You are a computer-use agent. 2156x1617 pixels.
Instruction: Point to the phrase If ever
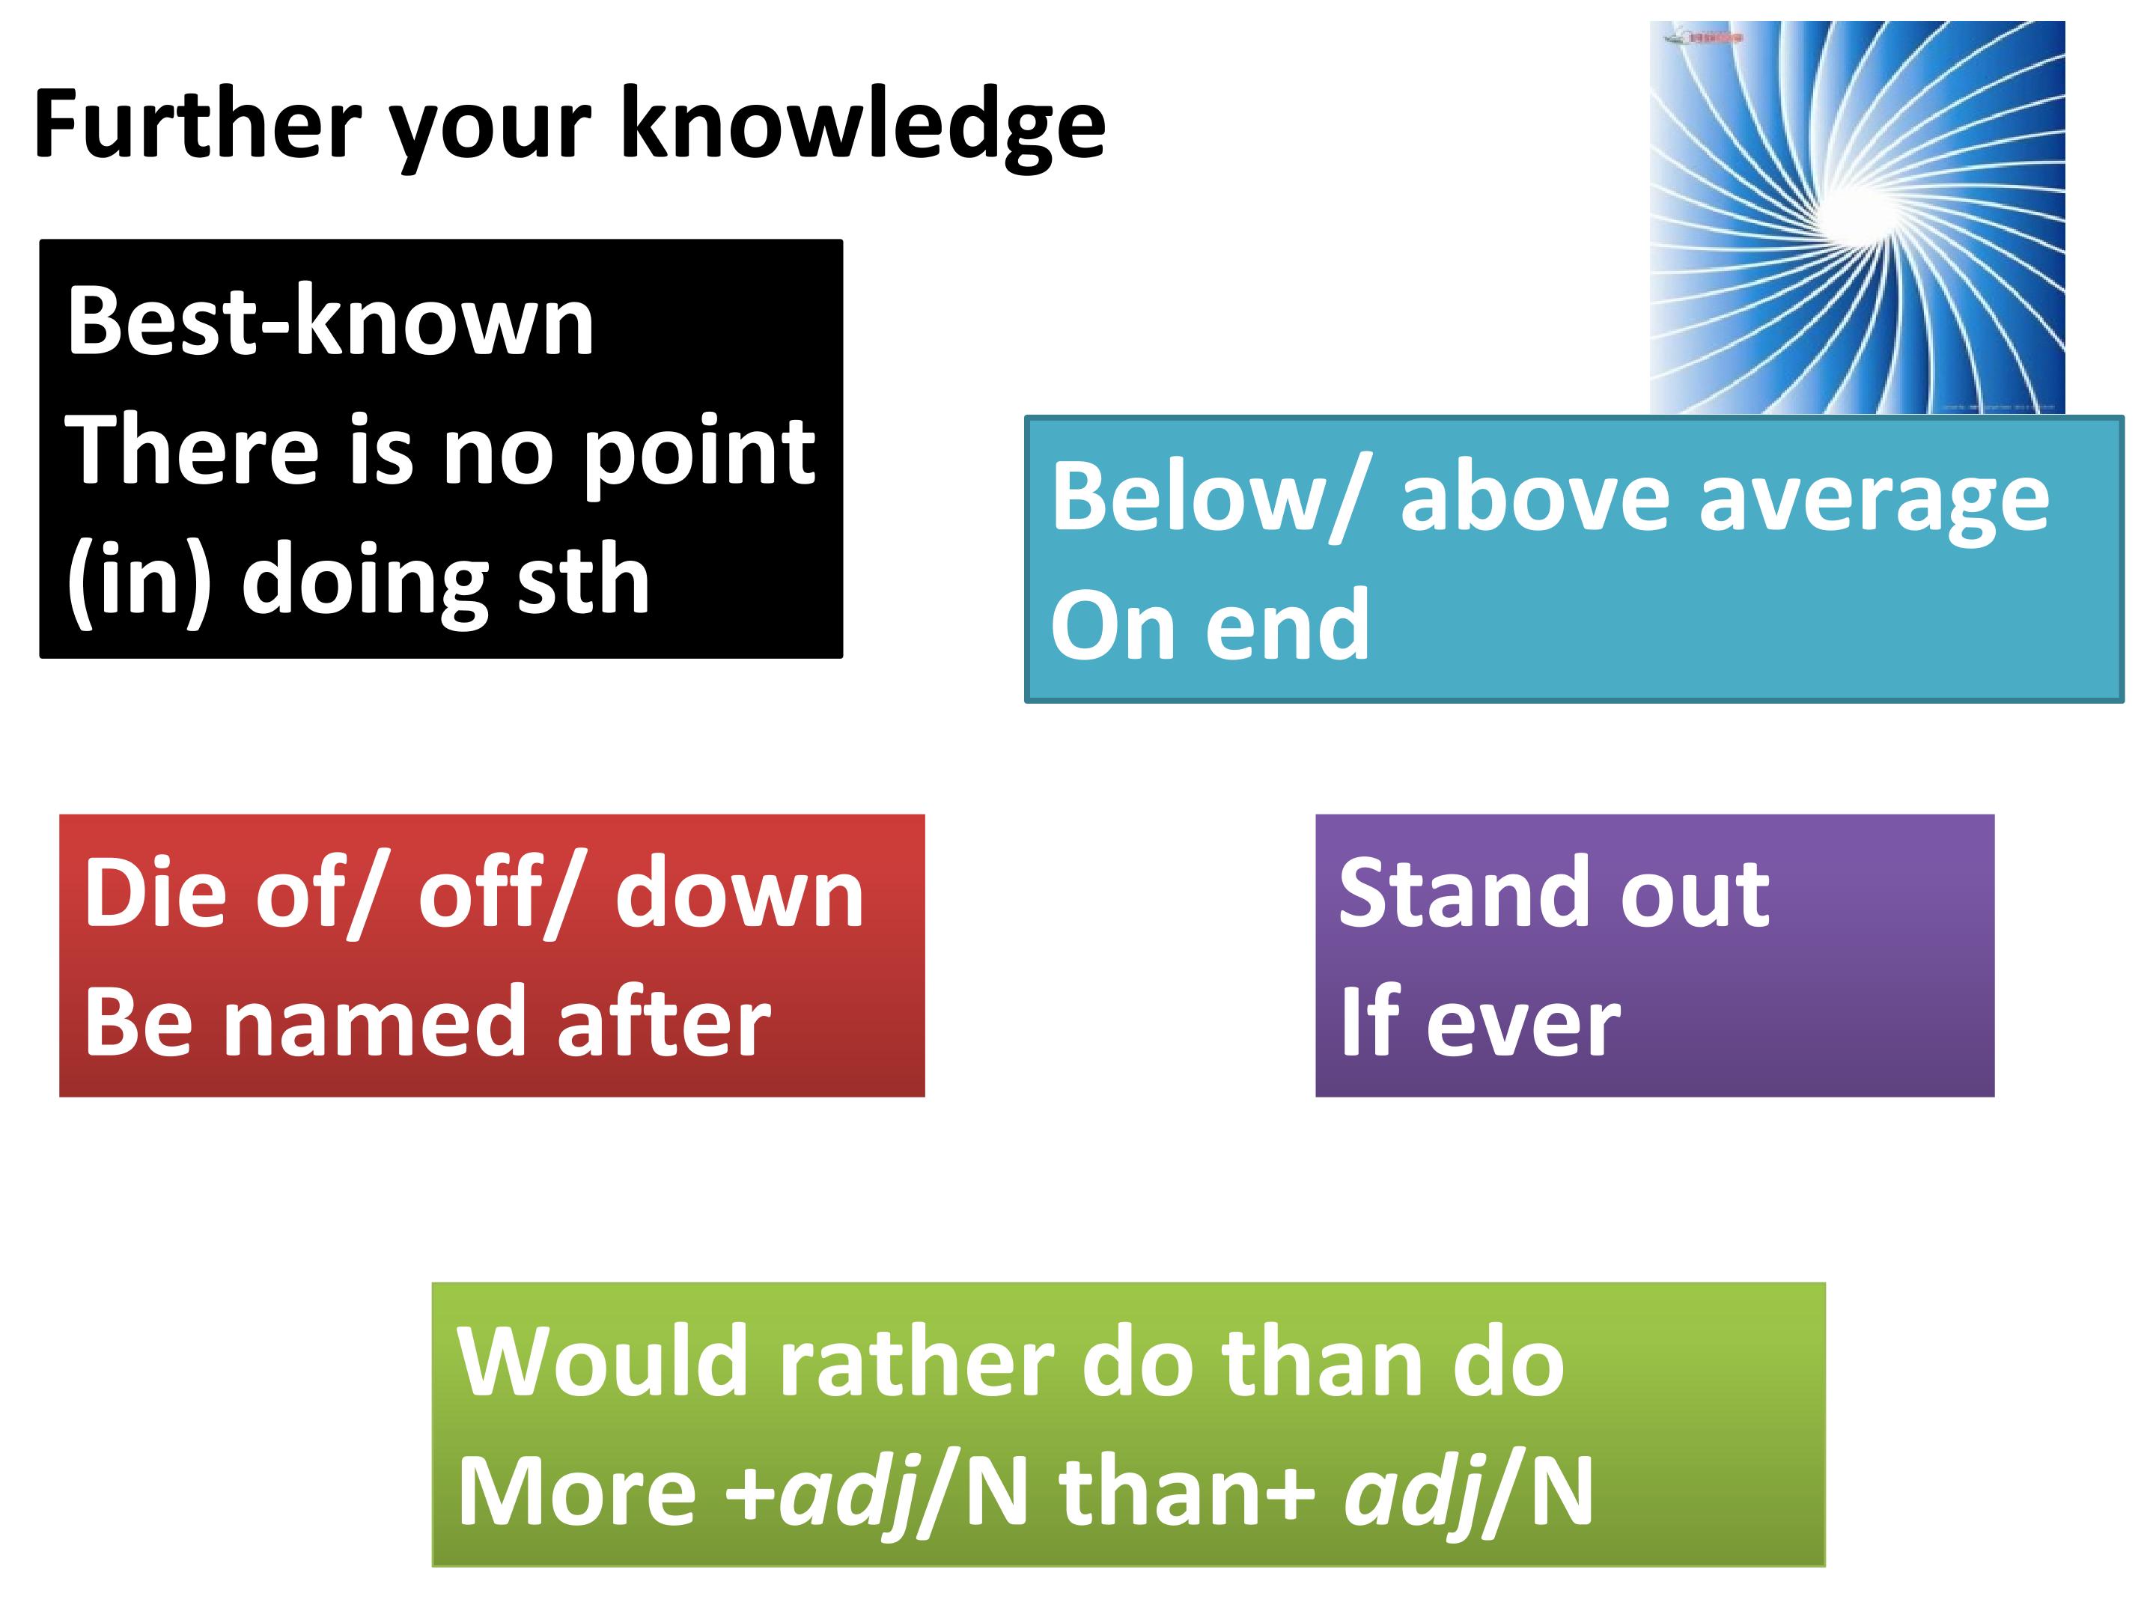1479,1020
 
